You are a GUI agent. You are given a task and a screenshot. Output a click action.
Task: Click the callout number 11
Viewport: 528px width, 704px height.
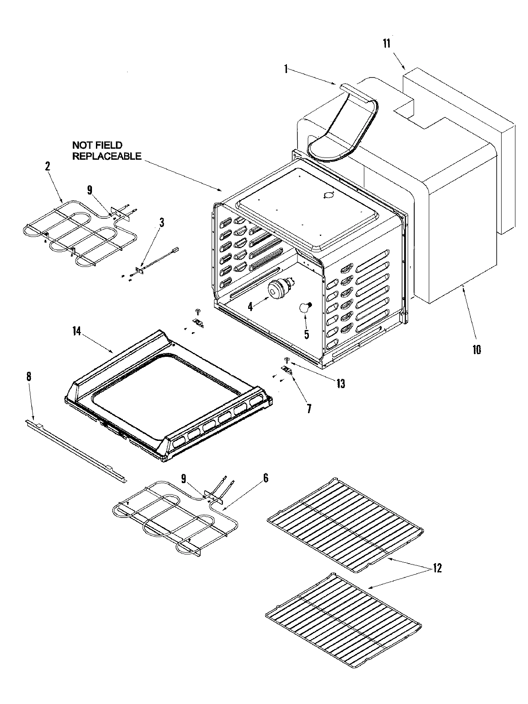pyautogui.click(x=386, y=44)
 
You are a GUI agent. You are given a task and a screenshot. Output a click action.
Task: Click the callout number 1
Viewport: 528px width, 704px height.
pyautogui.click(x=286, y=69)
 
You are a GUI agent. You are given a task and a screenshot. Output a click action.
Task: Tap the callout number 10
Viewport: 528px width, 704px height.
pyautogui.click(x=477, y=350)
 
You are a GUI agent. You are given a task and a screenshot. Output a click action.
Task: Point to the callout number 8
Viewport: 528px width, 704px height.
pyautogui.click(x=29, y=377)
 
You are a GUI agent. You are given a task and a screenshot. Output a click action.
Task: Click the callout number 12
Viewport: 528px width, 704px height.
pyautogui.click(x=436, y=568)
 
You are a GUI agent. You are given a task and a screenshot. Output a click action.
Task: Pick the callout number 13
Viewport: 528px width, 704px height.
pyautogui.click(x=341, y=383)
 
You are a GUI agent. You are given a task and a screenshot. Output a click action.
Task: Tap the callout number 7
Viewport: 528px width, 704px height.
pyautogui.click(x=309, y=409)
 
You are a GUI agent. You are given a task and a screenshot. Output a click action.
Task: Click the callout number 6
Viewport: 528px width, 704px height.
pyautogui.click(x=266, y=478)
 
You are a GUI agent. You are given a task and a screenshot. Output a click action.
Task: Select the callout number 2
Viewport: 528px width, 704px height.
pyautogui.click(x=47, y=166)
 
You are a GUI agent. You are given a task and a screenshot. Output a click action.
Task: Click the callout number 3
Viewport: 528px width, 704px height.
pyautogui.click(x=161, y=222)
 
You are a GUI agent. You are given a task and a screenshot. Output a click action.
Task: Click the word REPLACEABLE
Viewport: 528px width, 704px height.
pyautogui.click(x=107, y=156)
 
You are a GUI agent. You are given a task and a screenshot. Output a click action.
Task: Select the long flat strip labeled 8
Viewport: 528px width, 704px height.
pyautogui.click(x=75, y=449)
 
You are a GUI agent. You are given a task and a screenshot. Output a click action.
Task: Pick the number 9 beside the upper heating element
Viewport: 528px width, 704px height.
pyautogui.click(x=90, y=190)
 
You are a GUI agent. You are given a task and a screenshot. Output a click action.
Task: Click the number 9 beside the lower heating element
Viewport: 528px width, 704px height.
pyautogui.click(x=183, y=478)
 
